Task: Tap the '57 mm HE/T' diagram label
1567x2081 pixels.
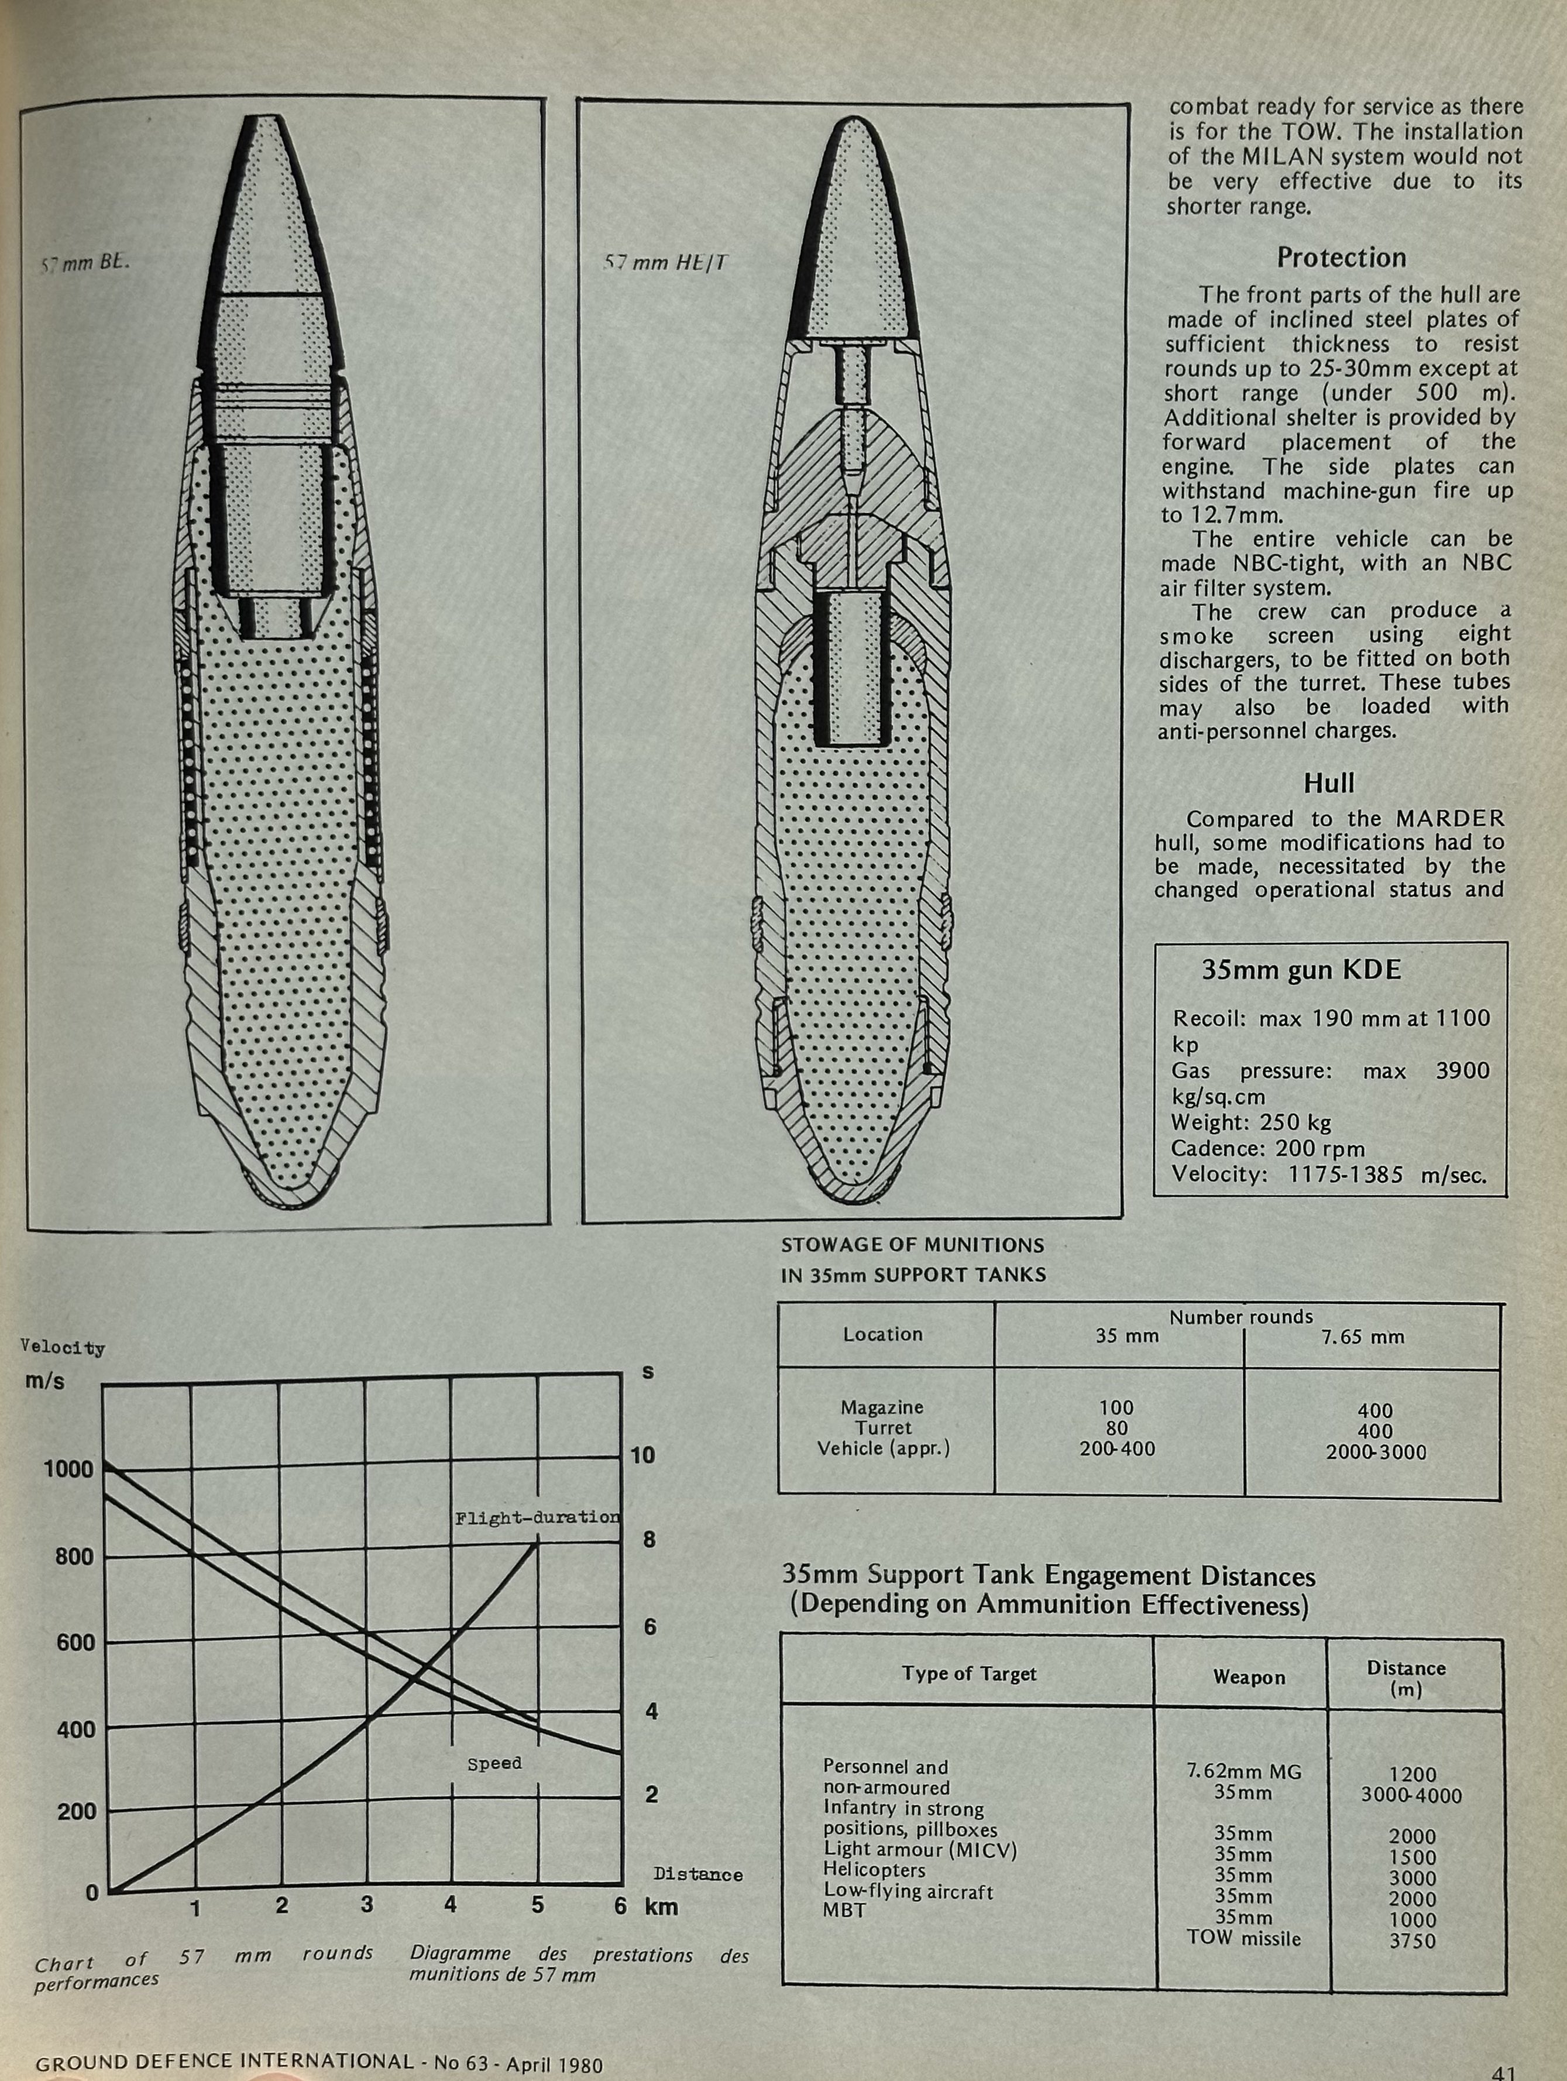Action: (x=665, y=263)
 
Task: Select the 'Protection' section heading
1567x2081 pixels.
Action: (x=1341, y=257)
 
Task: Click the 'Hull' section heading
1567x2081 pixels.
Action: (x=1329, y=783)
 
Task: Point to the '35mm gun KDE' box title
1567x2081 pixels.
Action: (x=1301, y=970)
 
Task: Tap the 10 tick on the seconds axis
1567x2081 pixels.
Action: (x=642, y=1455)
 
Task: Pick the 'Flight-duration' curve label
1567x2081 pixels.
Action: (x=537, y=1517)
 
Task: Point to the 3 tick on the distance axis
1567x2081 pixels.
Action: (x=367, y=1905)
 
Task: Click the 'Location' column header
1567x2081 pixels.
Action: (x=882, y=1334)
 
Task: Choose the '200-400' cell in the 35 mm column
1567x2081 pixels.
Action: (x=1118, y=1449)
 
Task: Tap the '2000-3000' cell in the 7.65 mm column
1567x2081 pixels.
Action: (x=1376, y=1452)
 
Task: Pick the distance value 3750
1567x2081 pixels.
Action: (x=1413, y=1941)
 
